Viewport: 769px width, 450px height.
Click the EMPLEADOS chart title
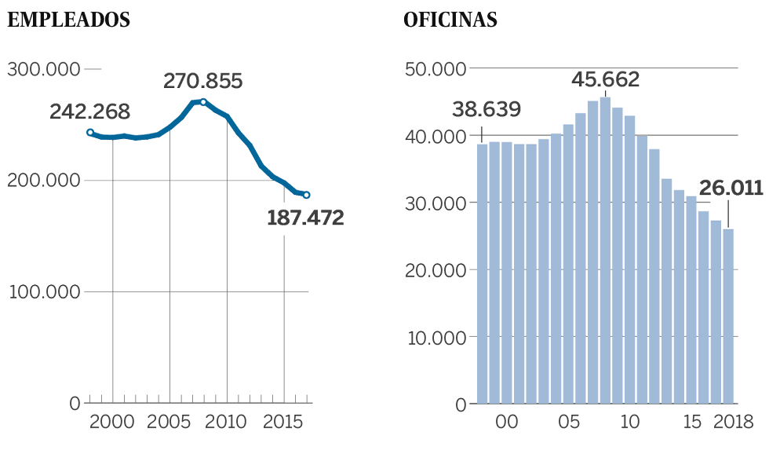coord(68,20)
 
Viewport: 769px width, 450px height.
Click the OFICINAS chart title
coord(450,20)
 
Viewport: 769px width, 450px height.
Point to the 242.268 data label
coord(89,112)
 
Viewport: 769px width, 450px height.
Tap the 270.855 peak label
coord(202,81)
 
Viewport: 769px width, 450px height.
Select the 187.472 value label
coord(305,218)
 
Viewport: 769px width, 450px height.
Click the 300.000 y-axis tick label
coord(44,69)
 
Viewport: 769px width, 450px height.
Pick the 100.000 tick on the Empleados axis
coord(44,292)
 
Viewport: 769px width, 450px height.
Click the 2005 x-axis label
coord(170,423)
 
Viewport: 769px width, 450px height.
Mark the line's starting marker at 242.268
coord(90,133)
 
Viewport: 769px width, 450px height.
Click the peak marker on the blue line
coord(203,102)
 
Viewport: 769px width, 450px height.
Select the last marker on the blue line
coord(307,195)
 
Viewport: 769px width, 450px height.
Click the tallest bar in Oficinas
coord(605,251)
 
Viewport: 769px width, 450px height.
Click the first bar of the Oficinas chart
coord(483,275)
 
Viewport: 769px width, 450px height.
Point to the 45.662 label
coord(605,79)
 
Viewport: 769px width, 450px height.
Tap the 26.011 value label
coord(731,188)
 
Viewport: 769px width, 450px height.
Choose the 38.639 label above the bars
coord(487,109)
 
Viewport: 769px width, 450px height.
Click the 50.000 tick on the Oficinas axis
coord(434,69)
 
